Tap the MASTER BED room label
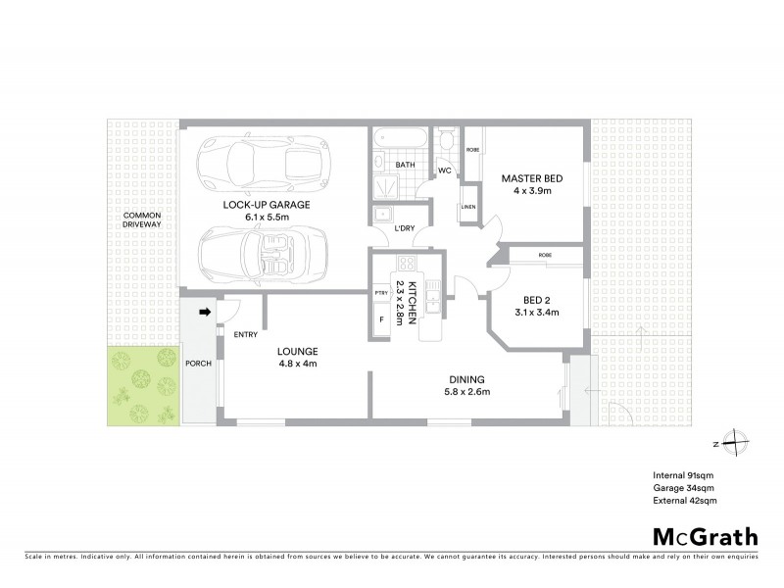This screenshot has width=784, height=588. tap(530, 178)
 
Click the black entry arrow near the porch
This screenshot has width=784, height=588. tap(205, 314)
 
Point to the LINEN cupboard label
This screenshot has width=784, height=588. tap(468, 207)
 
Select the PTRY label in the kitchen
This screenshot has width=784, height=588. tap(380, 292)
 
